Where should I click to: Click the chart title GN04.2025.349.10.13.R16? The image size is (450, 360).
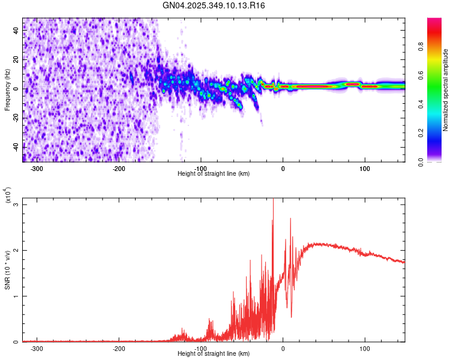click(x=214, y=5)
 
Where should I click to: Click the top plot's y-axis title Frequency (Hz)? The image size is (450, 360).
click(x=7, y=90)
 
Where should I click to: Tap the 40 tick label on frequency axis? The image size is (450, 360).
click(x=17, y=32)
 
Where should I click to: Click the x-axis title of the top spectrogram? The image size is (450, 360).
click(x=214, y=174)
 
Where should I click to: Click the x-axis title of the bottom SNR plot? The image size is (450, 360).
click(x=214, y=353)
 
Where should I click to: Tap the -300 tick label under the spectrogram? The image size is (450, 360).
click(x=37, y=167)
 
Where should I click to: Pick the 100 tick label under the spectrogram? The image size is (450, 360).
click(x=364, y=167)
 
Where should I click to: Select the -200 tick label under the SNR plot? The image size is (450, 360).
click(x=119, y=347)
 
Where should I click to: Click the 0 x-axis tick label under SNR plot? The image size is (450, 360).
click(x=283, y=347)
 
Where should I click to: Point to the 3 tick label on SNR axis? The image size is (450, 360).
click(x=17, y=205)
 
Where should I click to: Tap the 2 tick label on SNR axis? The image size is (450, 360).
click(x=17, y=250)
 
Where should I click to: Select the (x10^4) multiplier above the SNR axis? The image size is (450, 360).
click(x=8, y=195)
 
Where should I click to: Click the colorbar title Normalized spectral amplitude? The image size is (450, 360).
click(x=445, y=90)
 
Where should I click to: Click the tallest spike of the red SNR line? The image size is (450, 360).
click(x=273, y=200)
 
